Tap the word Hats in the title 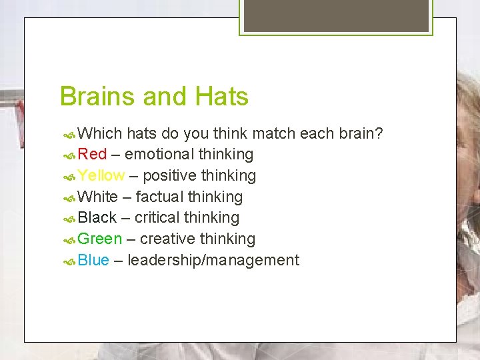[222, 97]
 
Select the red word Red [92, 155]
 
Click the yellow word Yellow [101, 176]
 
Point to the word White [97, 197]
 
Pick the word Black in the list [97, 218]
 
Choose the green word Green [100, 239]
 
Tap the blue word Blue [93, 260]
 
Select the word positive [170, 176]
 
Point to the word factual [159, 197]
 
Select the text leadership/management [213, 260]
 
